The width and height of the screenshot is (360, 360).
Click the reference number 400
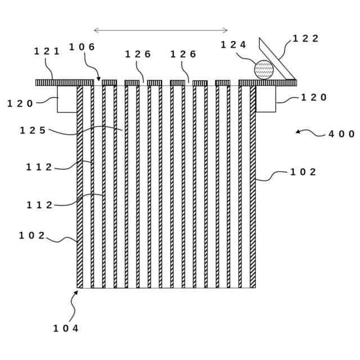(x=341, y=134)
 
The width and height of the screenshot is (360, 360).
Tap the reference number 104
(x=66, y=328)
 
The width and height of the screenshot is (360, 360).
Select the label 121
(x=47, y=51)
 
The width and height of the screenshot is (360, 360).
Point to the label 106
(x=82, y=47)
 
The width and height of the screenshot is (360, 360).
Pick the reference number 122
(x=305, y=39)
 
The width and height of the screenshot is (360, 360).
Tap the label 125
(x=33, y=130)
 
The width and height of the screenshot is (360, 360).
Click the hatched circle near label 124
(x=264, y=70)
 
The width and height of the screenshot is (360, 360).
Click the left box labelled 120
(x=67, y=99)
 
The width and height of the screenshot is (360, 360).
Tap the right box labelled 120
(x=266, y=99)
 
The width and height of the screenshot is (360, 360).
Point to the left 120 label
(x=20, y=103)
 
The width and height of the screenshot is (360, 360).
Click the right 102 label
(x=303, y=172)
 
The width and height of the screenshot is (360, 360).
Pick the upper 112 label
(x=39, y=167)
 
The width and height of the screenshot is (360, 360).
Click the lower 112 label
(x=39, y=205)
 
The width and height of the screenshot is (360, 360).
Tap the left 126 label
(x=138, y=55)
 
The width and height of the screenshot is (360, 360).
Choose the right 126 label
(x=183, y=55)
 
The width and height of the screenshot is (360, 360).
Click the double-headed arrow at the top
(x=161, y=30)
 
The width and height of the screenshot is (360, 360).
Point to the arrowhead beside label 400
(x=298, y=132)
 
